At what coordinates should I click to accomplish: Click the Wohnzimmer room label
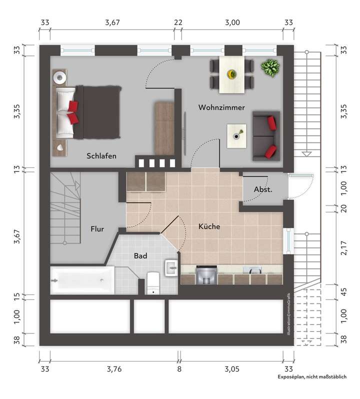click(x=221, y=107)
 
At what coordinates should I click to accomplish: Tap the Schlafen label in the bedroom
click(x=101, y=156)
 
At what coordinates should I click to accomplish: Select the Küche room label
click(x=209, y=226)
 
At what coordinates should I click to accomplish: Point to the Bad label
click(x=140, y=255)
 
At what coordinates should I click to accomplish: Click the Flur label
click(x=97, y=229)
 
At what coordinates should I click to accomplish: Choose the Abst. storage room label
click(x=263, y=189)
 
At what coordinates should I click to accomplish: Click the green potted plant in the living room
click(x=270, y=67)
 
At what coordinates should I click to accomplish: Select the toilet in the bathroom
click(x=153, y=283)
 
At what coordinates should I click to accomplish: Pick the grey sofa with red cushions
click(x=265, y=135)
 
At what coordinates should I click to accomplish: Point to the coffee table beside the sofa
click(x=236, y=135)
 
